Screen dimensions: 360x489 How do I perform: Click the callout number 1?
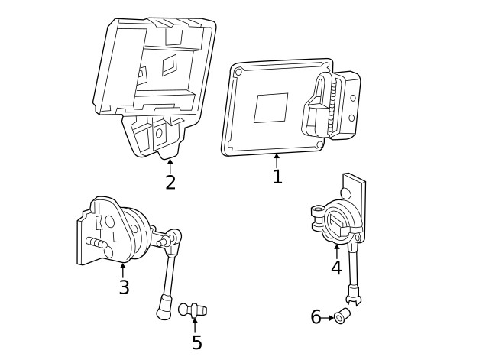point(277,177)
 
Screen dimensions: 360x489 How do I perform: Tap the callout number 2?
point(170,182)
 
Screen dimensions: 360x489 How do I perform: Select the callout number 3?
point(124,287)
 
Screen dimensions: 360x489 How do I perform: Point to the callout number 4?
point(336,268)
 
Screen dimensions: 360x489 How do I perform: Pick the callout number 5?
point(196,342)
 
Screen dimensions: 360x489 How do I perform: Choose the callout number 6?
point(316,317)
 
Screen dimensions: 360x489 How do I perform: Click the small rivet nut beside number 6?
point(342,315)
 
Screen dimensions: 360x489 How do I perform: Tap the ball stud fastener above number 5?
point(192,309)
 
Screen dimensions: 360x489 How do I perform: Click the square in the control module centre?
point(270,108)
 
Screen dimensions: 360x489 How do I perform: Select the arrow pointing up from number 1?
point(277,160)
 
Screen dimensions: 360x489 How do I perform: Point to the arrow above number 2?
point(170,164)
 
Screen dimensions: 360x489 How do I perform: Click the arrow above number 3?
point(123,270)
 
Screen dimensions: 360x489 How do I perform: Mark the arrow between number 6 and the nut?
point(329,317)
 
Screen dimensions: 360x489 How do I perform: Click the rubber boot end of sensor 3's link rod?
point(164,312)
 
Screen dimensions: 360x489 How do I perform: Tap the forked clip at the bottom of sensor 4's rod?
point(353,293)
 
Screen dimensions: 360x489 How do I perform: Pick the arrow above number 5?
point(195,324)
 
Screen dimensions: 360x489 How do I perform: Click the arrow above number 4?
point(336,250)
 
